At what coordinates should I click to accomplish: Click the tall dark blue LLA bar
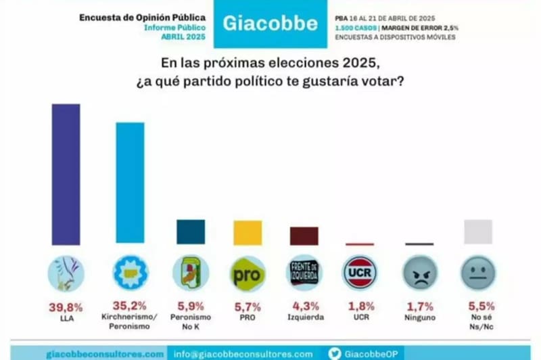tap(66, 175)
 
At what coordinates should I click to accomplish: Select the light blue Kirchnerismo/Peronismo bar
tap(130, 183)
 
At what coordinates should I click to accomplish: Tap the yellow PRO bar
tap(248, 233)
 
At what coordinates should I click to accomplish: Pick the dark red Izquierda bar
tap(304, 235)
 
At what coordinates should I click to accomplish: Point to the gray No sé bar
tap(477, 231)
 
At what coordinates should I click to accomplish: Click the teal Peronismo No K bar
tap(191, 231)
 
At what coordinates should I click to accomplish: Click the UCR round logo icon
tap(360, 273)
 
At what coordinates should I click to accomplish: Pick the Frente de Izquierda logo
tap(304, 273)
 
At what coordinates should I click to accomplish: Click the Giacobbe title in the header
tap(270, 24)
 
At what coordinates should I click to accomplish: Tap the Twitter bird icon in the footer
tap(335, 353)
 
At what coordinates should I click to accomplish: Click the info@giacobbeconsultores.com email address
tap(243, 353)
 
